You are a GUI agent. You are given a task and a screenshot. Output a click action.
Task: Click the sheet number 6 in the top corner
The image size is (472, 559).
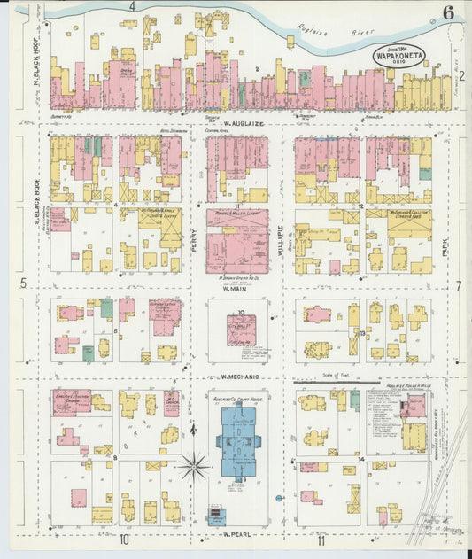point(449,12)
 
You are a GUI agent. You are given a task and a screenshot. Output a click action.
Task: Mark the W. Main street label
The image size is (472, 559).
point(234,288)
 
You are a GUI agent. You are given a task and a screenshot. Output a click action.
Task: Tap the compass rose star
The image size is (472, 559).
point(194,462)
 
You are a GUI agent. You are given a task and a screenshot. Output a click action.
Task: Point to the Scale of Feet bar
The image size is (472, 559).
point(336,381)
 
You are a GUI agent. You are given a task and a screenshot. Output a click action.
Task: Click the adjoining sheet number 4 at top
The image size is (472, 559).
point(131,6)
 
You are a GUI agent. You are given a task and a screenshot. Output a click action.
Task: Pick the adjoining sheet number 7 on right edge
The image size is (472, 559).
point(459,286)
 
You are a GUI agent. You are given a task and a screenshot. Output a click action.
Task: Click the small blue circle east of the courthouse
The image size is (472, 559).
point(279,498)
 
